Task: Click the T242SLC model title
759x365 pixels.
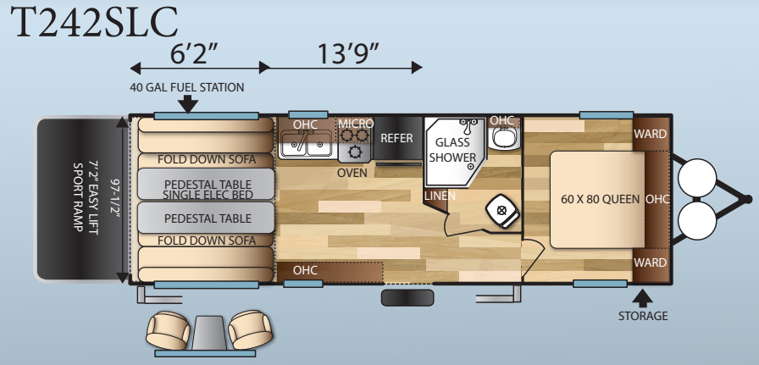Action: point(94,22)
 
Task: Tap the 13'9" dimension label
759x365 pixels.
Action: point(347,53)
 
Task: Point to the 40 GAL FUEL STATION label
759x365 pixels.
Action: point(187,87)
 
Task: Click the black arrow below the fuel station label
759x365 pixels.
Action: point(188,104)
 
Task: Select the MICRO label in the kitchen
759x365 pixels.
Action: point(356,124)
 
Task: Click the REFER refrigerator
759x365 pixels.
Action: point(397,138)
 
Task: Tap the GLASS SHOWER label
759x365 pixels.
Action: point(452,150)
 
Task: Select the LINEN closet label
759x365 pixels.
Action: point(440,196)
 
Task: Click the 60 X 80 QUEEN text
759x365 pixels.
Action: point(601,199)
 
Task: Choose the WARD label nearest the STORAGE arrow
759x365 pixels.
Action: point(650,263)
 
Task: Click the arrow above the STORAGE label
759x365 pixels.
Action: point(642,298)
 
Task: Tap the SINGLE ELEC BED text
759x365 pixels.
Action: point(208,195)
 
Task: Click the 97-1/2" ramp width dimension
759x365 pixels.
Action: point(116,199)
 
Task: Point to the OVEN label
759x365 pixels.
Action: point(352,173)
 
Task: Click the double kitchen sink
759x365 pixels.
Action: point(307,144)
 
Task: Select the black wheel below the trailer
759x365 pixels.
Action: point(407,298)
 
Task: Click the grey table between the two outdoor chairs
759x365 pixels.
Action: point(209,333)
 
